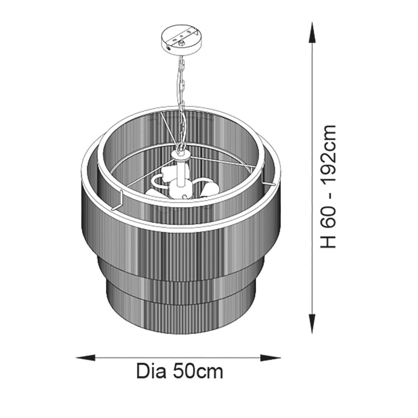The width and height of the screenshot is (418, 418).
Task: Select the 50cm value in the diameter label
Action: pos(198,371)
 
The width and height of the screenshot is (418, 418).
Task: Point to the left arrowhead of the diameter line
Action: pos(86,357)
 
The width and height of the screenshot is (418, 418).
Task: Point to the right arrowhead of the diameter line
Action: pos(270,357)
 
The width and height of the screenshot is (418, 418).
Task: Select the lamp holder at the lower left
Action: pos(153,192)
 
